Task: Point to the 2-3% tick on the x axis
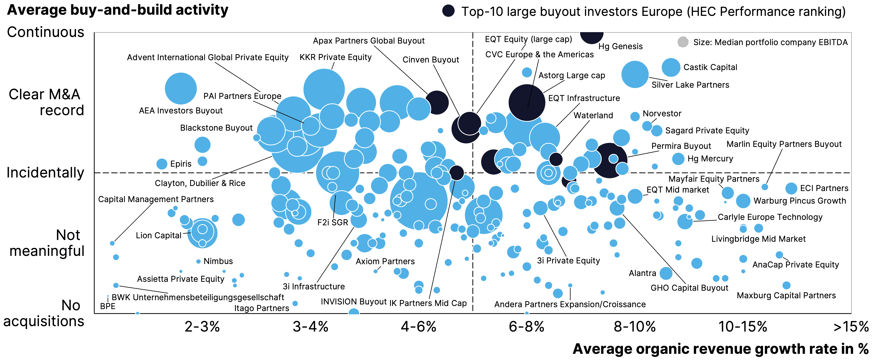(202, 327)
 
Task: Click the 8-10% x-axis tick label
(634, 327)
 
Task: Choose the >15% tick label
(851, 327)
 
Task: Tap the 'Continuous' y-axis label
(45, 32)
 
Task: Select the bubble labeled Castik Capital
(671, 67)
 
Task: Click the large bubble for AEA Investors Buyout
(181, 89)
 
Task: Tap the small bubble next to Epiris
(162, 164)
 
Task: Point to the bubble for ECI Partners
(791, 188)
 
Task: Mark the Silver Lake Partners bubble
(635, 74)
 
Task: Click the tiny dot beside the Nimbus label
(199, 261)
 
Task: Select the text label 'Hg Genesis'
(620, 46)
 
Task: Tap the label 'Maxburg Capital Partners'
(786, 296)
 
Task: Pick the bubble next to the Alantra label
(666, 273)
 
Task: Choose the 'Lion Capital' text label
(159, 236)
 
